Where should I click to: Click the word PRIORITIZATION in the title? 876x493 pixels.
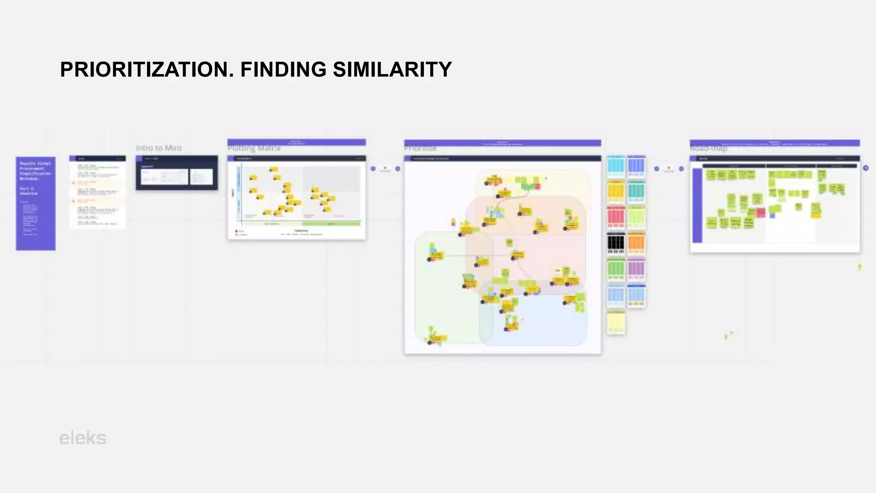coord(147,70)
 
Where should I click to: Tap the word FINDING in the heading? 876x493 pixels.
coord(283,70)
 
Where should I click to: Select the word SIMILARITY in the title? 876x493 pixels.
coord(392,70)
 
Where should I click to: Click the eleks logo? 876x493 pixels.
coord(83,438)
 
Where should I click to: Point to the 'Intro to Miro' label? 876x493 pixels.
coord(159,148)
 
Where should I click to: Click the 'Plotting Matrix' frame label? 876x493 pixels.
coord(254,148)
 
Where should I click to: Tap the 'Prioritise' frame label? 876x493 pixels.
coord(420,148)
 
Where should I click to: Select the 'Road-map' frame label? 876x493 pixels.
coord(708,148)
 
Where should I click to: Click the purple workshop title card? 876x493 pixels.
coord(36,203)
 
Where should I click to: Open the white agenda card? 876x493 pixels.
coord(98,192)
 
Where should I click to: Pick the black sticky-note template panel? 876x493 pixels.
coord(616,244)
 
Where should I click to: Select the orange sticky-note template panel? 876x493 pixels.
coord(636,244)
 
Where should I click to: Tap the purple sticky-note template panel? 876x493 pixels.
coord(636,270)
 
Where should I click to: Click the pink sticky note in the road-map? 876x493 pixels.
coord(761,212)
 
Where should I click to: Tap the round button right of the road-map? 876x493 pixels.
coord(866,168)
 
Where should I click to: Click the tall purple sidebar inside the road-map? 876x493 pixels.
coord(697,205)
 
